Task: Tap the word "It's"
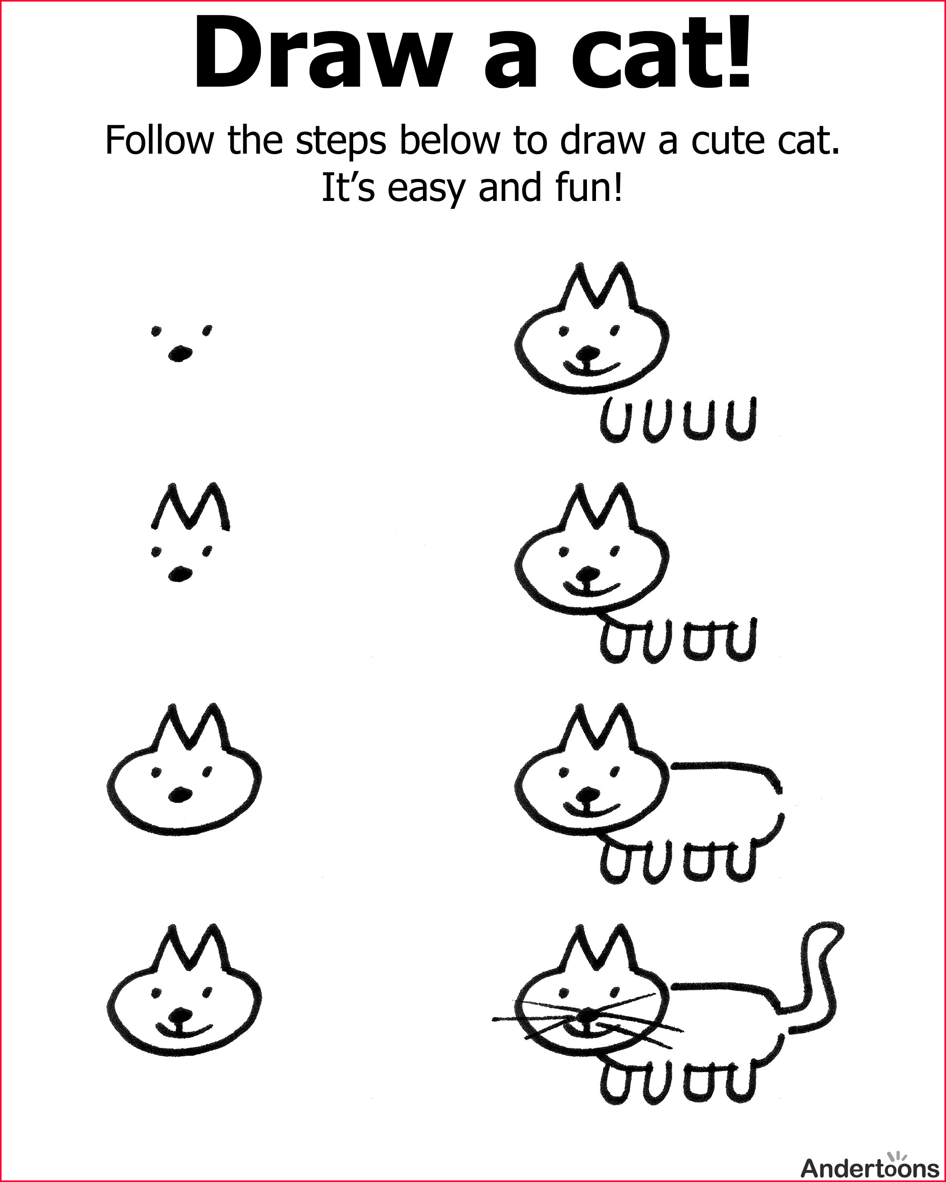[x=348, y=188]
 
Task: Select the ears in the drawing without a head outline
[x=190, y=507]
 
